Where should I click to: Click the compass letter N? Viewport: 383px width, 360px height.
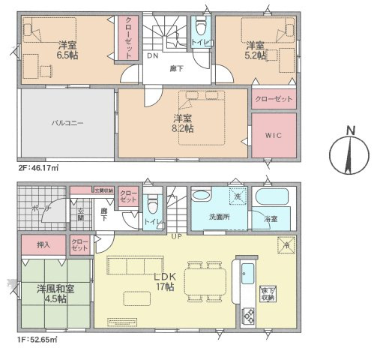coord(349,131)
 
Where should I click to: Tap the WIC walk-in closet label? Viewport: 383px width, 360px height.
coord(273,136)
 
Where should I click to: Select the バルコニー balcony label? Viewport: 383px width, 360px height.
coord(67,121)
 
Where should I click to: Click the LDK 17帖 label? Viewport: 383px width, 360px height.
coord(165,282)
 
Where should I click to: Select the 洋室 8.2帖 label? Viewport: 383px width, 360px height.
coord(184,124)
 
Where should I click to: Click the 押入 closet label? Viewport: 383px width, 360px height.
coord(43,244)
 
